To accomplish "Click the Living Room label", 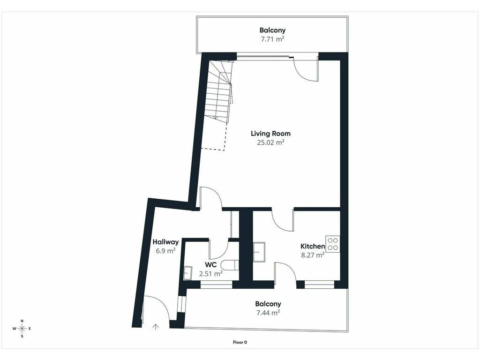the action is coord(270,134).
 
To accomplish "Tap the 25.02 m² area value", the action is coord(270,142).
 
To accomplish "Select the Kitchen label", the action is coord(313,246).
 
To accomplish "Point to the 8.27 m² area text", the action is coord(313,255).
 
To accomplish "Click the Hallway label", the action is coord(165,242).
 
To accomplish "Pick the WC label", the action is coord(211,265).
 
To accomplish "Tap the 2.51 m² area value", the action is coord(210,274).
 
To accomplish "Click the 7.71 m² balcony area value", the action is coord(272,39).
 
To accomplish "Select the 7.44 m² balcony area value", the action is coord(268,313).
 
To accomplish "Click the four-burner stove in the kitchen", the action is coord(333,244).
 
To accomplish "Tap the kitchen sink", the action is coord(259,252).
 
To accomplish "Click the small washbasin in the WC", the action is coord(187,273).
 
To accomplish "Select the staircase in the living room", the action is coord(219,91).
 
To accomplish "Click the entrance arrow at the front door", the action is coord(156,327).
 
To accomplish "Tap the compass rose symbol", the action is coord(22,329).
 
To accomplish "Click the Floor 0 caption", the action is coord(240,342).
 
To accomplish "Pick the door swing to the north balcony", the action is coord(306,70).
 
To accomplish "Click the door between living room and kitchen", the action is coord(283,220).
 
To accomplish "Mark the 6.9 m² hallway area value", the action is coord(165,251).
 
